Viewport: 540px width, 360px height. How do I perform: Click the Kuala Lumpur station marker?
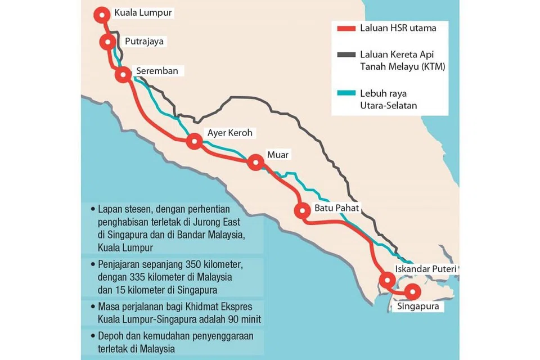point(102,15)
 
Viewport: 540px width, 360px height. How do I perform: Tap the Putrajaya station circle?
point(107,42)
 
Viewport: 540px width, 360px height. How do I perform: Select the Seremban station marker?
point(123,75)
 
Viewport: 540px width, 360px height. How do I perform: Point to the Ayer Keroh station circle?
point(195,141)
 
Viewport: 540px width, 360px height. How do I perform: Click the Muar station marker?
point(256,163)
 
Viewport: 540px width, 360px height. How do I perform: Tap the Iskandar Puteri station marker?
point(387,280)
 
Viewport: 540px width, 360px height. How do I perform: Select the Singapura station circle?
point(413,291)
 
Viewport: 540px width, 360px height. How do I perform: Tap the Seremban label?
point(157,71)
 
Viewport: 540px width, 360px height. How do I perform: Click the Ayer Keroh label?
point(230,133)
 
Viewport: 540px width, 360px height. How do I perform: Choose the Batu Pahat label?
point(336,208)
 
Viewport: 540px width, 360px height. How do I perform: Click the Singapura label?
point(417,307)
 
